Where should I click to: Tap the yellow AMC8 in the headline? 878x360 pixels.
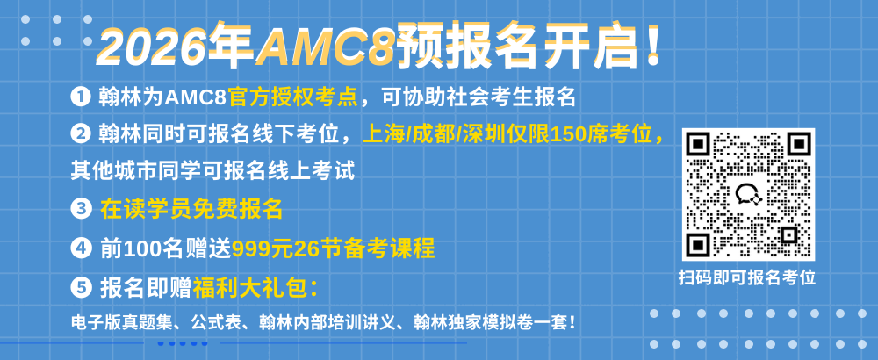tap(326, 45)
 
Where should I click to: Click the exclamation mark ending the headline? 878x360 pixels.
tap(651, 44)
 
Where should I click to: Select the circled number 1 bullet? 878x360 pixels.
tap(81, 97)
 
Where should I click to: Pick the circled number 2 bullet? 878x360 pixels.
tap(81, 133)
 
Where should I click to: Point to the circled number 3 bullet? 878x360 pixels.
tap(81, 209)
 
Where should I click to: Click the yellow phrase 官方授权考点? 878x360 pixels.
tap(293, 97)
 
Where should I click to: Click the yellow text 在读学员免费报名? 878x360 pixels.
tap(191, 209)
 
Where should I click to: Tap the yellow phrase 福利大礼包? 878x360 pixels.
tap(250, 288)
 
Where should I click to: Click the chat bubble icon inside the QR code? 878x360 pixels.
tap(748, 195)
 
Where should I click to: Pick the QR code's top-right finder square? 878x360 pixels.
tap(798, 146)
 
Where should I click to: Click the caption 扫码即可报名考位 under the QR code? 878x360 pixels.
tap(747, 277)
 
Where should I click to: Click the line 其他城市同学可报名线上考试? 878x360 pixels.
tap(212, 170)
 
